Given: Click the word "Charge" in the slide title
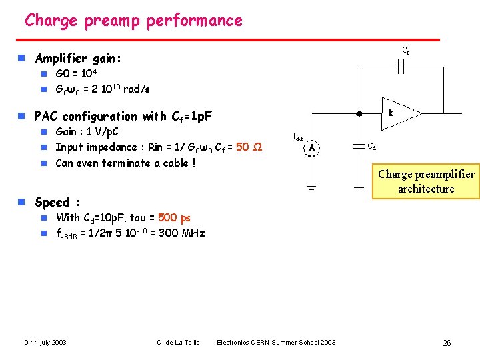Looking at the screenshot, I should coord(52,21).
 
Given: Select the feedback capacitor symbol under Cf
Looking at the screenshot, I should coord(401,67).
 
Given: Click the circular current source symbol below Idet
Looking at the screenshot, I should coord(311,149).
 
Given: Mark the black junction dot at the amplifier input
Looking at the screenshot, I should coord(359,114).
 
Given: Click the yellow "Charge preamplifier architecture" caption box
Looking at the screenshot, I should coord(426,181).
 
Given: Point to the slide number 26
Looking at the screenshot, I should coord(447,343).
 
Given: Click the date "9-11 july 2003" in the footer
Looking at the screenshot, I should coord(45,343).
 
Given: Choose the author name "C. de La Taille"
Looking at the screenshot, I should coord(179,343).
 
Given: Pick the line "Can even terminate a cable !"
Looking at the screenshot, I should coord(125,163).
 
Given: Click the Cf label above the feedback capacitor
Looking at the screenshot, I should coord(405,51).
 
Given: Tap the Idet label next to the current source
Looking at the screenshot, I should coord(298,137).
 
